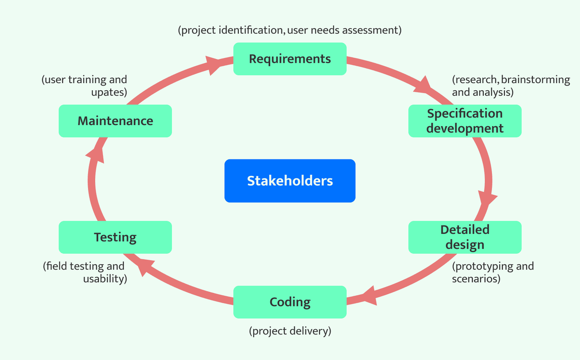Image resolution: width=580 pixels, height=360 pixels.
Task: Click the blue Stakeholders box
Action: point(290,181)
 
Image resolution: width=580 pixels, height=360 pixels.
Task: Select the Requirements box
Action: point(290,59)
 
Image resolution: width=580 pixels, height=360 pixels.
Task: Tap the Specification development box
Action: point(464,121)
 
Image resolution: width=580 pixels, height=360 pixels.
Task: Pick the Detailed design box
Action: point(464,237)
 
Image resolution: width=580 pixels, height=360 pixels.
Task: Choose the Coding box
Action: point(290,302)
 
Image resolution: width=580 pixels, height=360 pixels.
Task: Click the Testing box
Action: point(115,237)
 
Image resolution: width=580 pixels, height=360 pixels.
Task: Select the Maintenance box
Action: point(115,121)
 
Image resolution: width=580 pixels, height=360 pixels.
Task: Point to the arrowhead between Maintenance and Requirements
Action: point(213,64)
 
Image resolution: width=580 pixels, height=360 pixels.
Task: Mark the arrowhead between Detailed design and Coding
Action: point(369,295)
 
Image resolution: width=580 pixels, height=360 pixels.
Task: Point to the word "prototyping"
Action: point(479,266)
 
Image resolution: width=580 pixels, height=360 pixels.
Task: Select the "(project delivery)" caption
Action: point(290,331)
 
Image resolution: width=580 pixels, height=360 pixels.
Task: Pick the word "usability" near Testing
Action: point(104,279)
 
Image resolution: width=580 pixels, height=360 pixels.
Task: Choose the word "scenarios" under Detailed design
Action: point(475,279)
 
